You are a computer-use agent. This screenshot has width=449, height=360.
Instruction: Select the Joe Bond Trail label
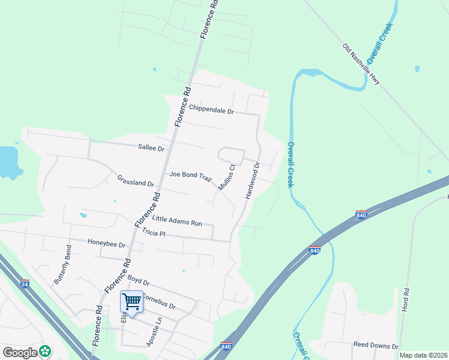point(191,175)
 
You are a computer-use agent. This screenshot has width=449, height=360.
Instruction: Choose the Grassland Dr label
point(136,181)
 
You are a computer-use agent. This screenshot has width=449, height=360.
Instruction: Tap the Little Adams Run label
point(177,221)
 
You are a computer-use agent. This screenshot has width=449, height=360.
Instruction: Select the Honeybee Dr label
point(106,244)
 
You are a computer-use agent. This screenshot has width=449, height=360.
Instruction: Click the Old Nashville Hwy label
point(361,64)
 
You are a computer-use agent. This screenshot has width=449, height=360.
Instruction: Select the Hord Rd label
point(406,298)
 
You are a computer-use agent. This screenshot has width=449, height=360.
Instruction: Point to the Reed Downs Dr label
point(376,346)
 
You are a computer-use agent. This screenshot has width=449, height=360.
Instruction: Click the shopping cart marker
point(131,302)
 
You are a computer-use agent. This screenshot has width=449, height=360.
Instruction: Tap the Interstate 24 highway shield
point(25,283)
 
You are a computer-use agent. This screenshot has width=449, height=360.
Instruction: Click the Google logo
point(20,352)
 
